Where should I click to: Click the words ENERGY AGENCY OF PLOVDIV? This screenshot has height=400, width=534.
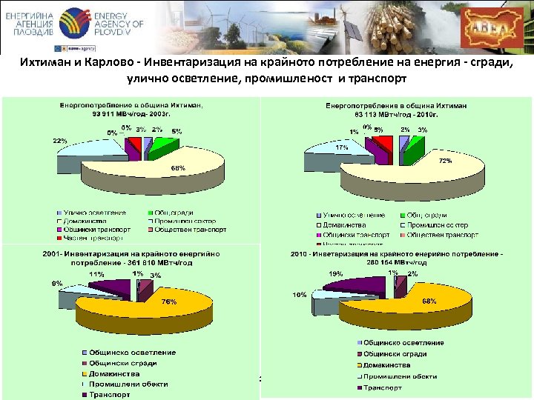[118, 25]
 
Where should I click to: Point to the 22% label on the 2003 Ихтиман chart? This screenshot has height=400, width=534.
[60, 141]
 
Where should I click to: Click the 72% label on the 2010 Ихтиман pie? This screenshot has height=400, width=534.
[446, 160]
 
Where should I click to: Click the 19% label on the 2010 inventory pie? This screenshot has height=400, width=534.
[336, 273]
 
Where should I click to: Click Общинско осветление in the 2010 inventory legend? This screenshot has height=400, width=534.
[405, 342]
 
